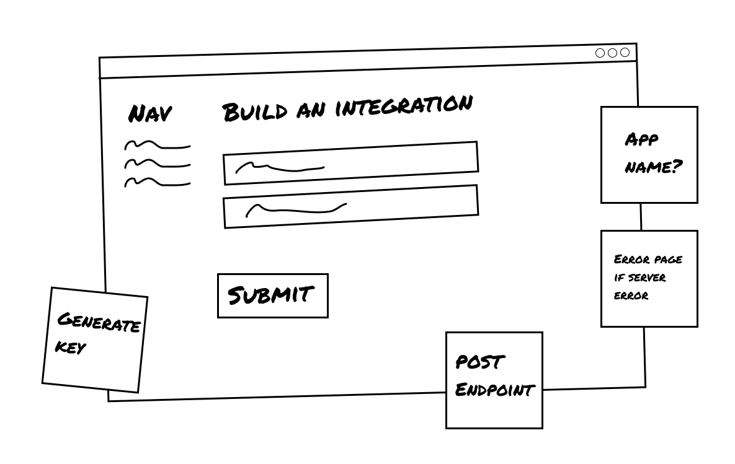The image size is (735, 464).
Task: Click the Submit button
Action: [x=272, y=295]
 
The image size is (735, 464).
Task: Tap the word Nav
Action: [x=149, y=114]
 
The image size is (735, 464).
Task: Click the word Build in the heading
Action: [x=254, y=112]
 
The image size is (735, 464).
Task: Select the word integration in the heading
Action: [x=404, y=105]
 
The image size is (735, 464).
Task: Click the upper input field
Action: [x=350, y=163]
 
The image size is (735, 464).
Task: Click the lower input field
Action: [x=350, y=206]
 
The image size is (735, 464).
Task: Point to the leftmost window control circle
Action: [x=600, y=53]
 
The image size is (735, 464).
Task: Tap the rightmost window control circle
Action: [x=625, y=53]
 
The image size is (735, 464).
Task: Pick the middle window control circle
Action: [x=612, y=53]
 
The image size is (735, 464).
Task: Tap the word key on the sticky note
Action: [x=70, y=347]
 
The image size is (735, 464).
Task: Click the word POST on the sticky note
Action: [x=480, y=362]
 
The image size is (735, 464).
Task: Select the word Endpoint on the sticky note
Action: [x=494, y=390]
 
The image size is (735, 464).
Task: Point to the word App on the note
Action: [x=641, y=140]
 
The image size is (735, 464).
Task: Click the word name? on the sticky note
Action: [x=652, y=167]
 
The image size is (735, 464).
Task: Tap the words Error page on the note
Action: [x=648, y=260]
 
